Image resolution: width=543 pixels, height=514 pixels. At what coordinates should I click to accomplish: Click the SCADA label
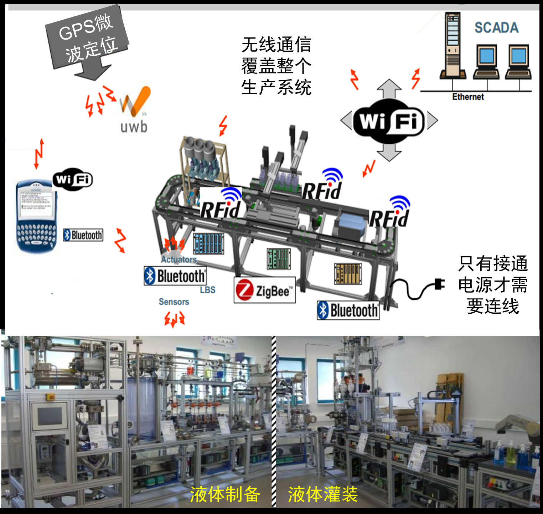pos(496,28)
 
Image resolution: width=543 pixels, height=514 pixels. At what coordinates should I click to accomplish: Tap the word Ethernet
pos(468,97)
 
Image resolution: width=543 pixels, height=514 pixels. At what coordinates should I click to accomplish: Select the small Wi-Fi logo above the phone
pos(73,179)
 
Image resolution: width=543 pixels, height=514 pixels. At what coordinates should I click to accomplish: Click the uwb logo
pos(134,110)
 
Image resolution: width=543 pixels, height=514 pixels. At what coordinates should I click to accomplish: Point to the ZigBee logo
pos(265,290)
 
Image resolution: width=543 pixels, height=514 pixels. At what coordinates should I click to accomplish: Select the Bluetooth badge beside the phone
pos(83,235)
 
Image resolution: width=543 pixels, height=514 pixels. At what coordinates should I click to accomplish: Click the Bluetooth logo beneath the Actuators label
pos(175,276)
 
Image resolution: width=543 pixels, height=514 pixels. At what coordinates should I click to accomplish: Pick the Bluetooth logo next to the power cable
pos(348,310)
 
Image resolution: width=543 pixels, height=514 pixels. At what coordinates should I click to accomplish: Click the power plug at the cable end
pos(439,284)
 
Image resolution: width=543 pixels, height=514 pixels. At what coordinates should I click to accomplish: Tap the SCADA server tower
pos(452,45)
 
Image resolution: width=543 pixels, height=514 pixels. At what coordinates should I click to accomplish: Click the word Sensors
pos(174,302)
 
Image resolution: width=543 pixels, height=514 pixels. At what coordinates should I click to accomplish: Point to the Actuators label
pos(179,259)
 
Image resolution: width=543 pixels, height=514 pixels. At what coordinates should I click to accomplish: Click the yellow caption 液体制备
pos(225,494)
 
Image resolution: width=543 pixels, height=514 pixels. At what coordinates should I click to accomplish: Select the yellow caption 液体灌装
pos(323,494)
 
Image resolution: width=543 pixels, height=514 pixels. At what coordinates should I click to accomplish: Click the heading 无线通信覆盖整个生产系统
pos(276,66)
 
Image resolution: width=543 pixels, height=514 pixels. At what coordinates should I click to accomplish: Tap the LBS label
pos(208,290)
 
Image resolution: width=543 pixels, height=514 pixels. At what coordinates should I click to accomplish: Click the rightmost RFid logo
pos(389,214)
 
